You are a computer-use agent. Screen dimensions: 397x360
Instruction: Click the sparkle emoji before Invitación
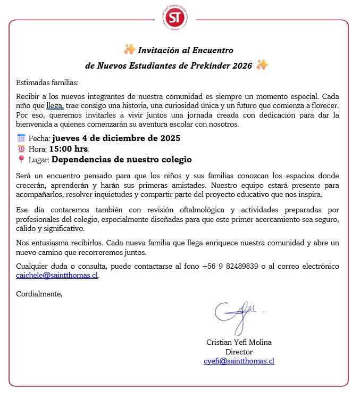pyautogui.click(x=129, y=50)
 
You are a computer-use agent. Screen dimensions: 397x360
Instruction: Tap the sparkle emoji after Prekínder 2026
pyautogui.click(x=262, y=65)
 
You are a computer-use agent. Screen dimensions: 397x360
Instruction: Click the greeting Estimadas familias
pyautogui.click(x=47, y=82)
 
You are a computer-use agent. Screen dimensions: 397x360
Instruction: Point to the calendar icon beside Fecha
pyautogui.click(x=21, y=138)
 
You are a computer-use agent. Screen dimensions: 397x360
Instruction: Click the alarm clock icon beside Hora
pyautogui.click(x=21, y=149)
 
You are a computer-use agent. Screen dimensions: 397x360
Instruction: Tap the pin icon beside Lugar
pyautogui.click(x=21, y=160)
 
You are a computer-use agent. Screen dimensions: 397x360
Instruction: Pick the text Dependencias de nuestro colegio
pyautogui.click(x=122, y=160)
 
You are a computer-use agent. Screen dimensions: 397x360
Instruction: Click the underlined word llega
pyautogui.click(x=55, y=106)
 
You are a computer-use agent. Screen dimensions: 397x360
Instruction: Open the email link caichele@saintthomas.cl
pyautogui.click(x=57, y=276)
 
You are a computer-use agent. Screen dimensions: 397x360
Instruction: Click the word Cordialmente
pyautogui.click(x=39, y=293)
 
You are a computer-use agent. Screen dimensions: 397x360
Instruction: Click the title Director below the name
pyautogui.click(x=239, y=352)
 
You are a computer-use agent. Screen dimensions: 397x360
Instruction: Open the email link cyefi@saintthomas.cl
pyautogui.click(x=239, y=361)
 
